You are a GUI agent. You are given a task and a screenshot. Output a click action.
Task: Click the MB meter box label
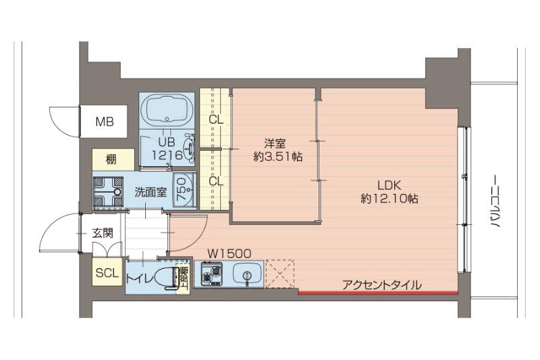click(104, 122)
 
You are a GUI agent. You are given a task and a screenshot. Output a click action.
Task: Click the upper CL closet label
click(216, 121)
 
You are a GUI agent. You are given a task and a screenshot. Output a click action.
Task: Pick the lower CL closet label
click(216, 181)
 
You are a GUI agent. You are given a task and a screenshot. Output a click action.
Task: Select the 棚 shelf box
click(111, 160)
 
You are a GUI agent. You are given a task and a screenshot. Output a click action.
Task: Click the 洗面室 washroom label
click(150, 192)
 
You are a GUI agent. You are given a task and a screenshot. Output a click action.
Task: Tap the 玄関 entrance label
click(103, 234)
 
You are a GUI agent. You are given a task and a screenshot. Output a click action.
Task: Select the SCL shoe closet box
click(107, 274)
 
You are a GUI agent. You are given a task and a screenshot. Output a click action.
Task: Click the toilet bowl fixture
click(162, 277)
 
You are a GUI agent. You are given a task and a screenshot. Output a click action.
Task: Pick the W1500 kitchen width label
click(229, 253)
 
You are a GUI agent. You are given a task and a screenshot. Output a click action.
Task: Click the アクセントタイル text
click(381, 285)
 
